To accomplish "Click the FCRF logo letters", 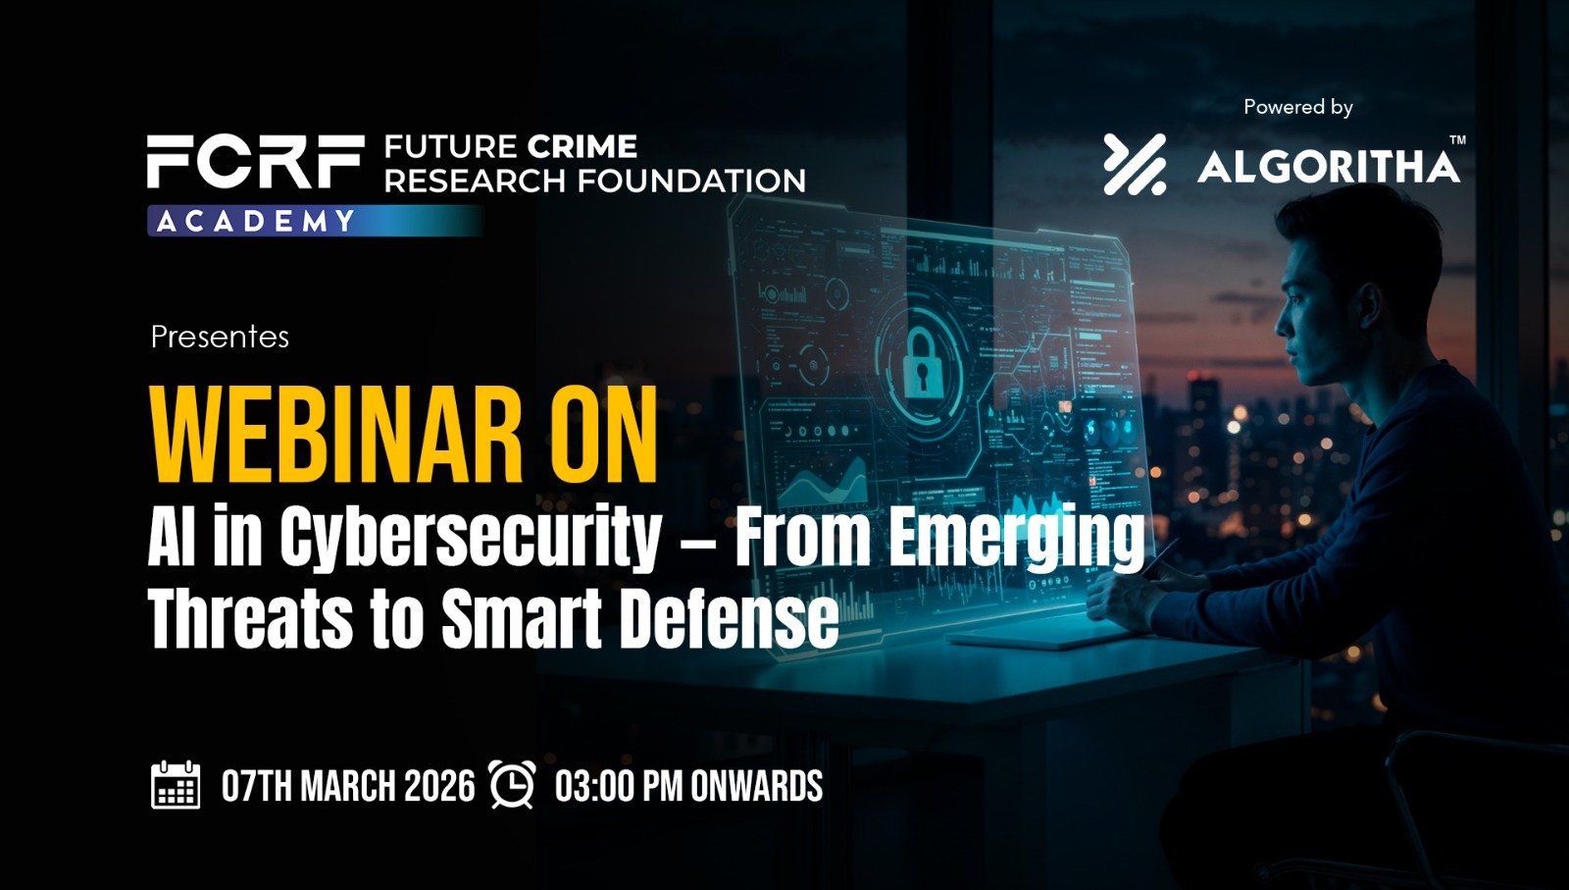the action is point(255,162).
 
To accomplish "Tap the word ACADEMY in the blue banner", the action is point(256,222).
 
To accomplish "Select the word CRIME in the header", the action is point(582,146).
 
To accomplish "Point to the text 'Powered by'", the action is point(1298,107).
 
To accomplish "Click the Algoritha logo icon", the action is point(1135,164).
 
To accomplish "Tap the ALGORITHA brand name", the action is point(1328,167).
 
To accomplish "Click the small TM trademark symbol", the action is point(1457,140).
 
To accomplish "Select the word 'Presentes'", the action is point(220,338).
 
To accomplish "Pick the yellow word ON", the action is point(604,436).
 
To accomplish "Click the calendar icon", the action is point(176,785).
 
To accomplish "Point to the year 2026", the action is point(439,786).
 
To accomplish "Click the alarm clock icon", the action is point(512,785).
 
